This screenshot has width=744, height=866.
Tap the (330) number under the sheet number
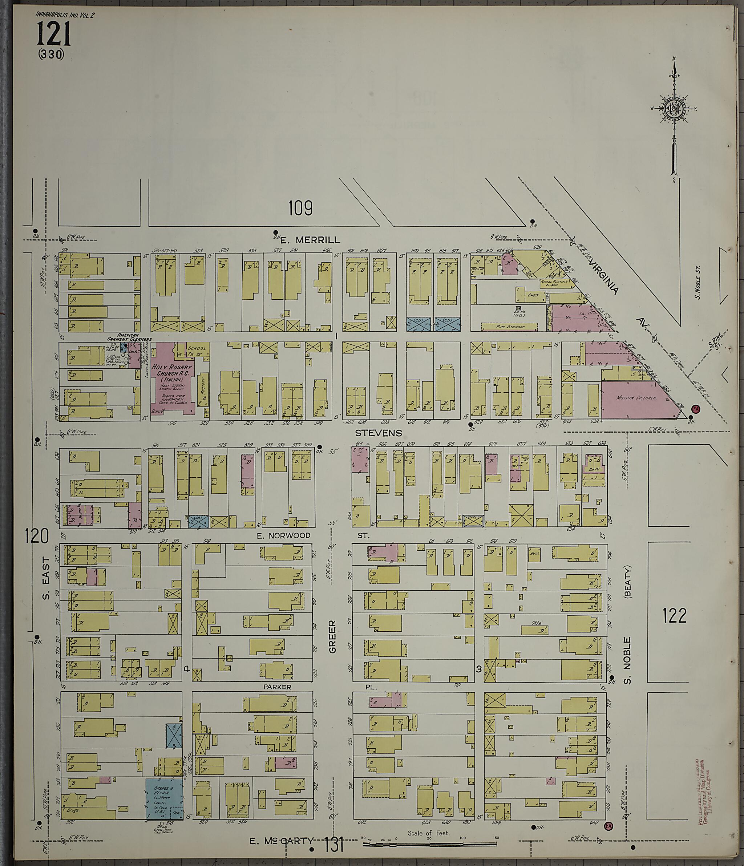tap(50, 54)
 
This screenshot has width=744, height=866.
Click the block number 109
tap(300, 208)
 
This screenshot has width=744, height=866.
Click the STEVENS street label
tap(378, 433)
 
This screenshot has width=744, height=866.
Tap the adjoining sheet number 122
tap(675, 616)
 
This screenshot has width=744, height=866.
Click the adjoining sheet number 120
tap(37, 536)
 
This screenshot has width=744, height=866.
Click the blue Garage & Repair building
tap(164, 799)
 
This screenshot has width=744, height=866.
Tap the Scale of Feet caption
tap(428, 833)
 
